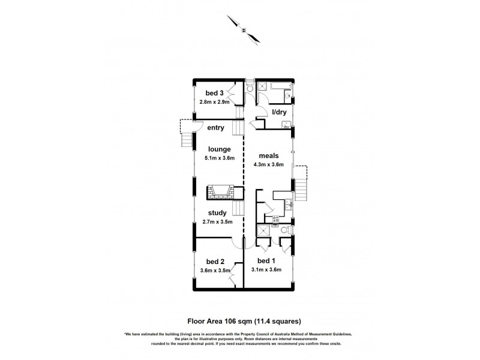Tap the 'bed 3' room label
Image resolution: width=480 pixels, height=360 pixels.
click(215, 93)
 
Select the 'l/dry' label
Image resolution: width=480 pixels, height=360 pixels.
click(280, 112)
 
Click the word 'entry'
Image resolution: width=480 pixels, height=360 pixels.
click(215, 128)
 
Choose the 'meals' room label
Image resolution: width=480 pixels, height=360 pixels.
click(269, 155)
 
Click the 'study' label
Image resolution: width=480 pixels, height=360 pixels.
click(217, 212)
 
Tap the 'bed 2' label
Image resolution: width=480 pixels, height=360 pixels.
click(215, 262)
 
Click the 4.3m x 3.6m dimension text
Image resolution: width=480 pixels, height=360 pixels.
click(269, 164)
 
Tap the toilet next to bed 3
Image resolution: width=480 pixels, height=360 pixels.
click(250, 89)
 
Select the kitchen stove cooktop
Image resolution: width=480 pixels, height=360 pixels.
click(277, 220)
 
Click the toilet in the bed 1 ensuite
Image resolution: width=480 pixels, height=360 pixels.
click(287, 230)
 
